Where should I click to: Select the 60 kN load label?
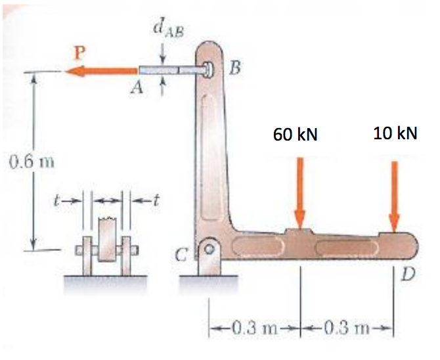click(296, 135)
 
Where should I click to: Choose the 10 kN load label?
click(395, 133)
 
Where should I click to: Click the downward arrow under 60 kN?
click(300, 191)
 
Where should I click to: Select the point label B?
click(234, 68)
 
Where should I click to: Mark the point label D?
click(407, 274)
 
